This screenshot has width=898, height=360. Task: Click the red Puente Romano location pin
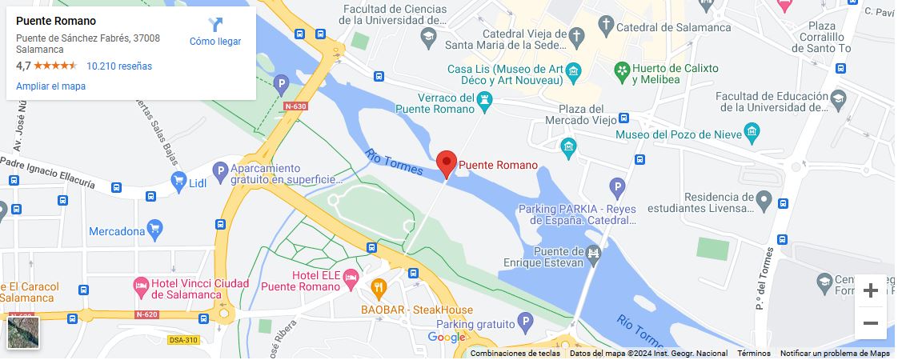(x=447, y=163)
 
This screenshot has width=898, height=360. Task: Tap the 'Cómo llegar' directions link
(x=215, y=33)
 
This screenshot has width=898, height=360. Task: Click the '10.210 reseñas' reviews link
(x=119, y=66)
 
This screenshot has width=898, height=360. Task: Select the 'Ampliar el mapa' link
(x=50, y=86)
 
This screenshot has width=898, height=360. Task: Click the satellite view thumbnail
(x=23, y=333)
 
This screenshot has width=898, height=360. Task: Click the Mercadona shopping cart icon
(x=155, y=231)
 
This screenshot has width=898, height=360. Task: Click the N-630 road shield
(x=295, y=106)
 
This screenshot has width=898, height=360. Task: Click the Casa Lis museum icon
(x=573, y=74)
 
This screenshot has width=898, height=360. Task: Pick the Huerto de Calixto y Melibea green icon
(x=622, y=73)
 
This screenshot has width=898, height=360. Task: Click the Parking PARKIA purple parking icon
(x=617, y=189)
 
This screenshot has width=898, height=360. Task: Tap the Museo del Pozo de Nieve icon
(x=751, y=132)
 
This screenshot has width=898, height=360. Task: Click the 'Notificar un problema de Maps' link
(x=835, y=354)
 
